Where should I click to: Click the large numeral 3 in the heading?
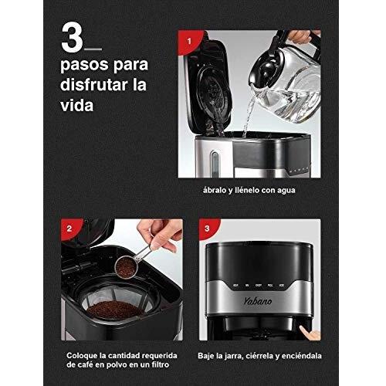pyautogui.click(x=72, y=39)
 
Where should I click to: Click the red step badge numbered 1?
pyautogui.click(x=190, y=42)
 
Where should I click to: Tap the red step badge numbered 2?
pyautogui.click(x=69, y=229)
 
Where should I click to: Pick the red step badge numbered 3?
pyautogui.click(x=208, y=229)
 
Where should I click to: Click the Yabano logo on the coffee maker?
pyautogui.click(x=258, y=301)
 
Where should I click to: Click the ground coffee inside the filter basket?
pyautogui.click(x=114, y=310)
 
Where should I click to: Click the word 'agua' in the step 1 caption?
pyautogui.click(x=286, y=191)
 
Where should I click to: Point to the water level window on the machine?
pyautogui.click(x=214, y=164)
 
